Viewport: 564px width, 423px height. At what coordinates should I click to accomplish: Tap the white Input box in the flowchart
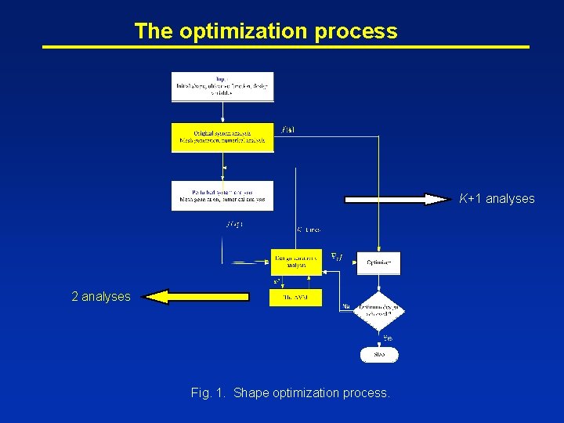pos(222,86)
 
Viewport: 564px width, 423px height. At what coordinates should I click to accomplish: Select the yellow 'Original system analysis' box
pos(222,137)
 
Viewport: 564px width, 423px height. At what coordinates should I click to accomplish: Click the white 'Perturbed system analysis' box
pos(222,196)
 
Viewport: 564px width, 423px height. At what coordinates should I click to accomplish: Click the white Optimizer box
pos(379,262)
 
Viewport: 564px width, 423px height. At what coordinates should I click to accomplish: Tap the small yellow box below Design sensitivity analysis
pos(295,298)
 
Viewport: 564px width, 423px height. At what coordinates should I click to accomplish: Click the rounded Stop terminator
pos(379,354)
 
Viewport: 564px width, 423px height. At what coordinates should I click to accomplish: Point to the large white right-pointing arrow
pos(396,199)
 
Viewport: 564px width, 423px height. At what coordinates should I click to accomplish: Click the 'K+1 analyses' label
pos(497,199)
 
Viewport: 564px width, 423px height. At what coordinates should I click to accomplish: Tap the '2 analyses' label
pos(101,297)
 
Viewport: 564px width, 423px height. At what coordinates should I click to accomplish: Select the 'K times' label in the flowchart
pos(309,230)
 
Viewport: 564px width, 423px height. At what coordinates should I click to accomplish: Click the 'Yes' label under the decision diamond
pos(388,337)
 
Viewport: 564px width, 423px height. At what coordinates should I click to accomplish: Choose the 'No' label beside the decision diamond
pos(345,306)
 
